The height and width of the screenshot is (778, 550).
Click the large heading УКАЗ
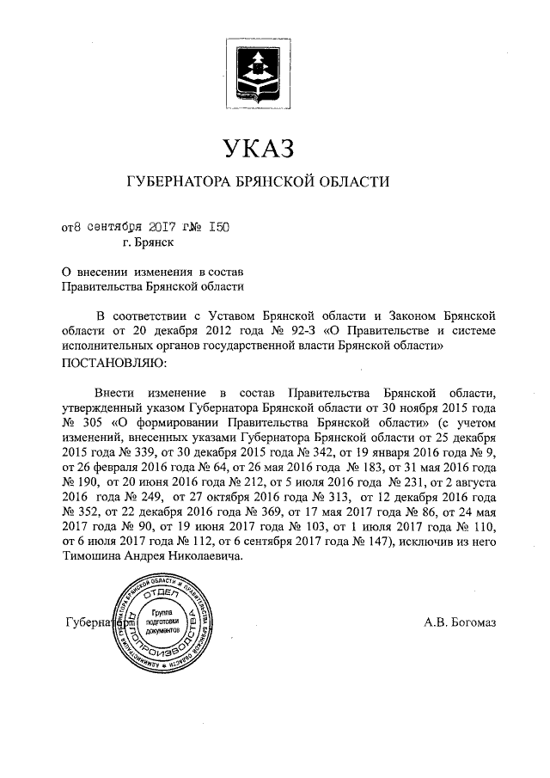[x=258, y=148]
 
